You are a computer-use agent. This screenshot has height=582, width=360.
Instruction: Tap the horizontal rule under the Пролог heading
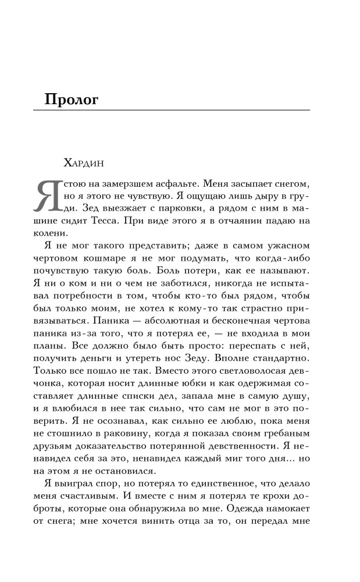177,111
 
